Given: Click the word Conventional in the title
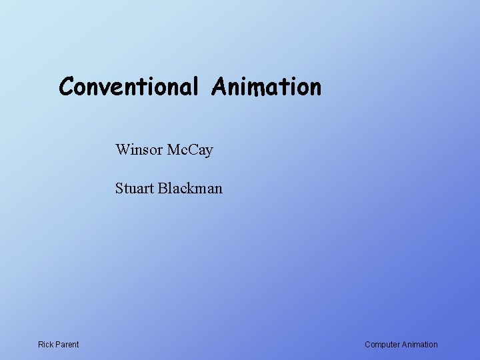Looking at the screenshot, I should coord(129,87).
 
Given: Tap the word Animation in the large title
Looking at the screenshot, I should coord(267,87).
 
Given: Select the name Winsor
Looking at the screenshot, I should coord(137,149).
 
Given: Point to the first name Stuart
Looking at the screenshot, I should coord(134,189).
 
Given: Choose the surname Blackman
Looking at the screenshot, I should coord(190,189).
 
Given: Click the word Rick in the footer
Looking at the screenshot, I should coord(45,345).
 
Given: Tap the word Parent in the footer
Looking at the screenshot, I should coord(67,345).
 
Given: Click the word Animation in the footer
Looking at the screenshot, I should coord(420,345).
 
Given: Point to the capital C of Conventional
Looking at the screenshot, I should coord(66,87).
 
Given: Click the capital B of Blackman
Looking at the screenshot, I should coord(163,189).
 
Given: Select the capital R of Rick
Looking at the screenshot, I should coord(41,345).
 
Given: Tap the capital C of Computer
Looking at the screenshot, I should coord(367,345).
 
